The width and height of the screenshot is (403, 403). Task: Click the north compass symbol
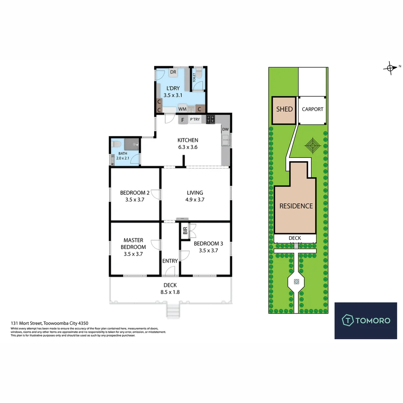click(390, 68)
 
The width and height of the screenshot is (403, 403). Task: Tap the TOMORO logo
click(365, 320)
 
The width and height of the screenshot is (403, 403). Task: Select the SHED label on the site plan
click(284, 109)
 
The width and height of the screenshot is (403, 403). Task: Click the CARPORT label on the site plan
click(312, 109)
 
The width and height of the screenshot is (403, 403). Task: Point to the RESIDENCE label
click(296, 206)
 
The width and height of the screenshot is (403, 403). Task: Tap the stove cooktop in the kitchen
click(210, 119)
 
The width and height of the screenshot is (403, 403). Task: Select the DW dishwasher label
click(225, 129)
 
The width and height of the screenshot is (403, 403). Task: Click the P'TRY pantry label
click(195, 119)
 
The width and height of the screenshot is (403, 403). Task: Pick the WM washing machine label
click(182, 109)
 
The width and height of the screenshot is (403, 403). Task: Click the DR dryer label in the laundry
click(173, 72)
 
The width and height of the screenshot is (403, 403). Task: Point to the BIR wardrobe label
click(185, 231)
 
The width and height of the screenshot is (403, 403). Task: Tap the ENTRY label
click(170, 261)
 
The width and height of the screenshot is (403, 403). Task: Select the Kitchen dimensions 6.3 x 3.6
click(188, 147)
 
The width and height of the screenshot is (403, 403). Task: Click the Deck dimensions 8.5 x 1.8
click(170, 292)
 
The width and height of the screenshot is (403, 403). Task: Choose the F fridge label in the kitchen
click(183, 120)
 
